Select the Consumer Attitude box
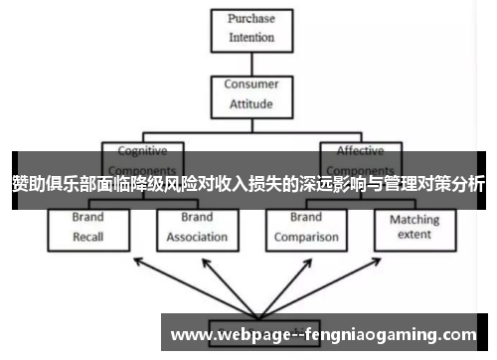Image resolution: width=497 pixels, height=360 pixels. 250,94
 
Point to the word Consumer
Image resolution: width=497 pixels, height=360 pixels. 250,86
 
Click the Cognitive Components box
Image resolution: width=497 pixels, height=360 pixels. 143,159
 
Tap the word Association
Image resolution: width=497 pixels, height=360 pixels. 197,237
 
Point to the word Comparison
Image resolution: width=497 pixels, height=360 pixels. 306,237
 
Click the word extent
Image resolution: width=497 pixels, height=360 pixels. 414,236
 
